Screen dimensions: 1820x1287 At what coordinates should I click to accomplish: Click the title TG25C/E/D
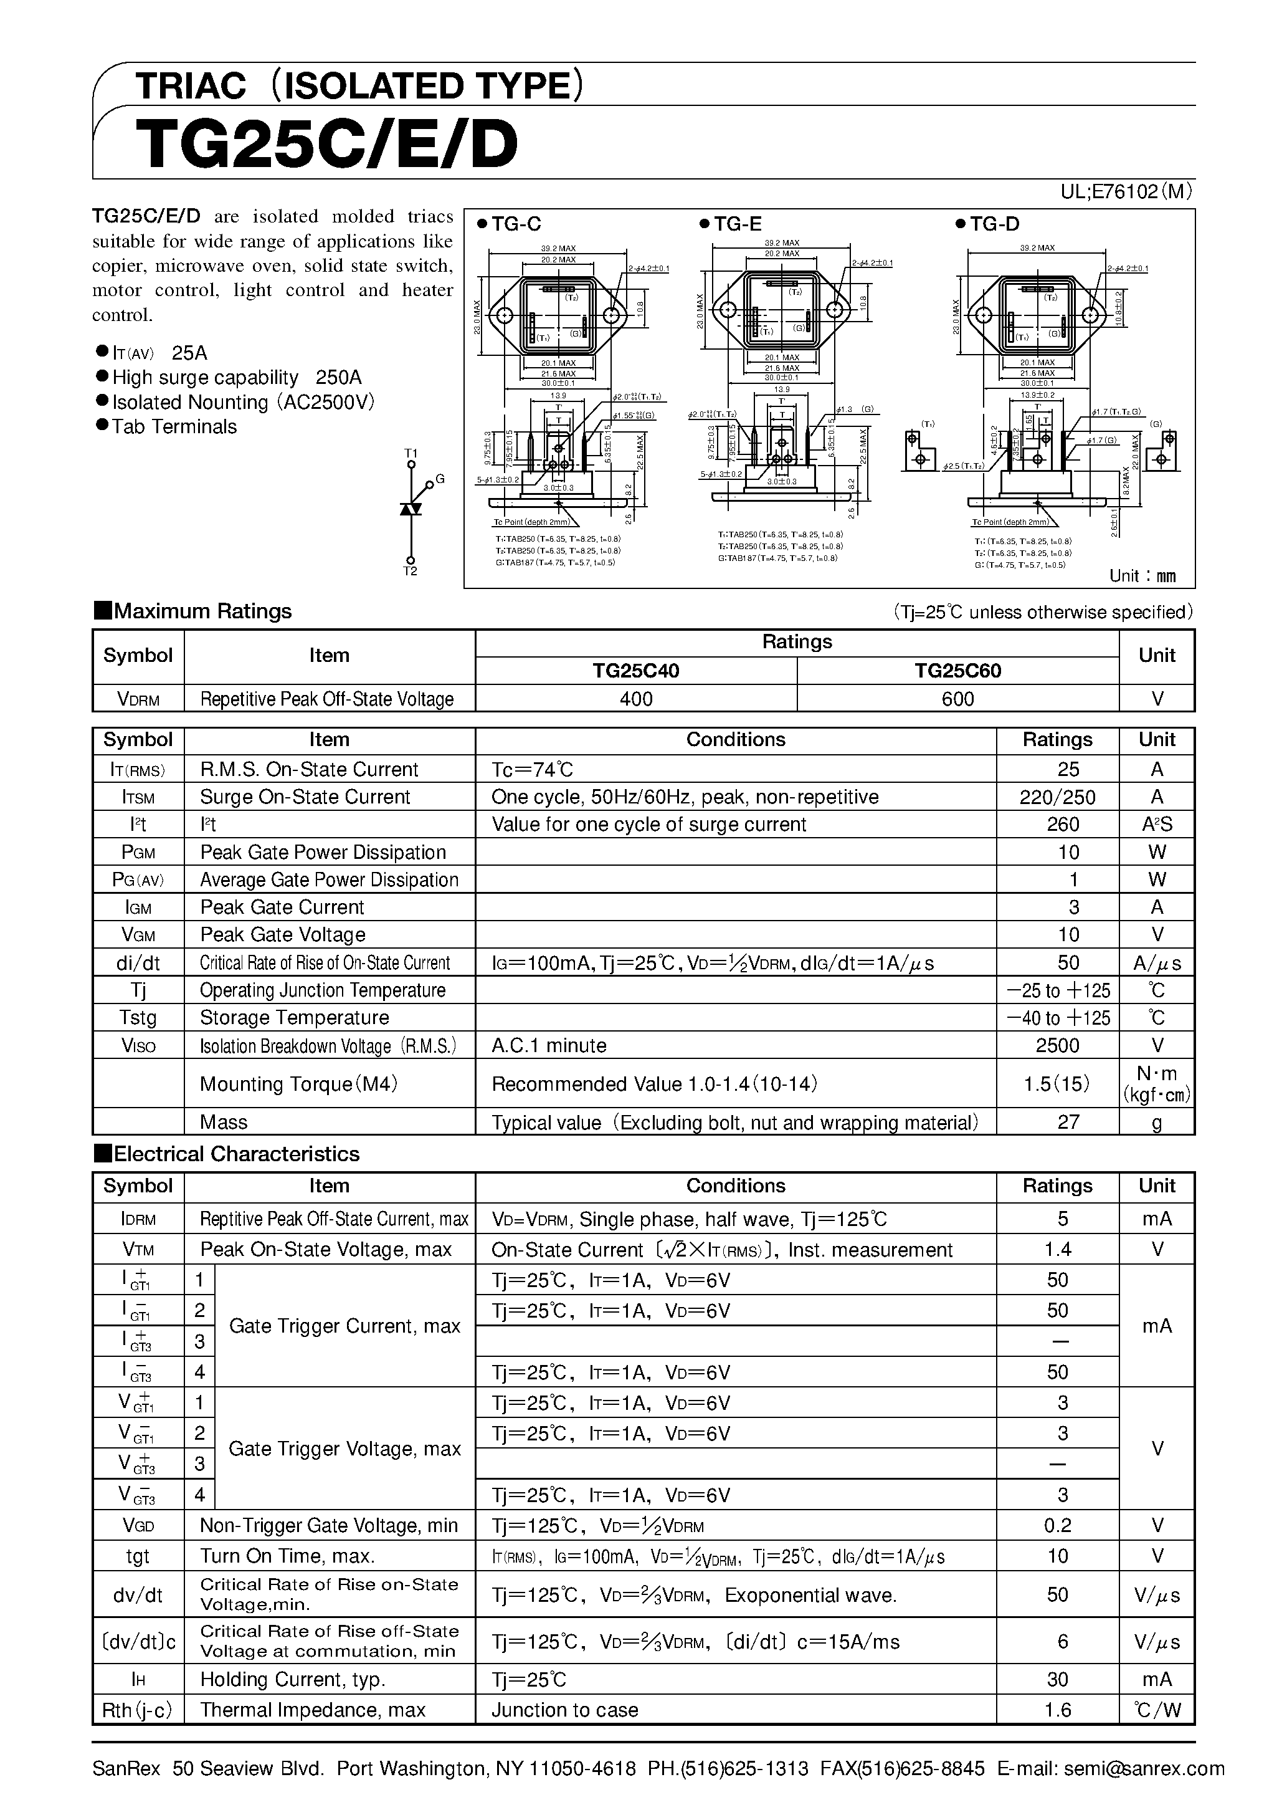[x=326, y=145]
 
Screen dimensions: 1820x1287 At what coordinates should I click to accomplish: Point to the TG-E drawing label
[x=737, y=224]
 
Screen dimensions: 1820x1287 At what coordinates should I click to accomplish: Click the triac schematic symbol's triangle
[x=411, y=508]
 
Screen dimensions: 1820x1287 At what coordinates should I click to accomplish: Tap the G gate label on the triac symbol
[x=440, y=479]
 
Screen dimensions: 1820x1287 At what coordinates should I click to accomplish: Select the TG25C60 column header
[x=957, y=671]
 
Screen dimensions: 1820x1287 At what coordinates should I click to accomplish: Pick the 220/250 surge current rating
[x=1057, y=797]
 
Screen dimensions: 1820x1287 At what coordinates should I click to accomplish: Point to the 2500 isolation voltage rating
[x=1057, y=1045]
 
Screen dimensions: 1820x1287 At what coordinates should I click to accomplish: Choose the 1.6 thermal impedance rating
[x=1057, y=1710]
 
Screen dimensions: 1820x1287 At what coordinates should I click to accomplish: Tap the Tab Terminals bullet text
[x=174, y=426]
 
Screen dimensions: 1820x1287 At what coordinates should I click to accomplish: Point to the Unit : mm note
[x=1142, y=577]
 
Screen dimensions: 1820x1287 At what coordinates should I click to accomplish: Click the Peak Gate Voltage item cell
[x=282, y=934]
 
